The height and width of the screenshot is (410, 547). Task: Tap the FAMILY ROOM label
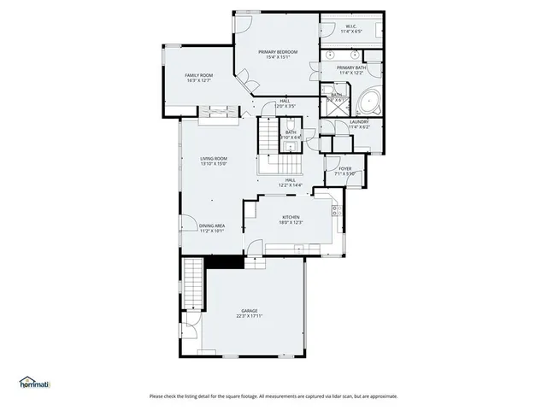coord(198,75)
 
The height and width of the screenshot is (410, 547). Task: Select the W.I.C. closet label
coord(350,26)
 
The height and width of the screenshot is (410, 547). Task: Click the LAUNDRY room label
coord(359,122)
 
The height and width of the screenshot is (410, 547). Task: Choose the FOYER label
coord(345,168)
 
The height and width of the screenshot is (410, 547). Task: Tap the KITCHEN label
coord(291,218)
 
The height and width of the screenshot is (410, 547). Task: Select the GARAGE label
coord(249,311)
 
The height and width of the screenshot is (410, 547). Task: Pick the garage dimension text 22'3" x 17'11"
coord(249,316)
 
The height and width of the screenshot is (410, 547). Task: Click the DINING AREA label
coord(212,225)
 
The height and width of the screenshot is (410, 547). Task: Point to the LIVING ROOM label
coord(214,158)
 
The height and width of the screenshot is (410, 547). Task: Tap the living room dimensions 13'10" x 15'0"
coord(214,164)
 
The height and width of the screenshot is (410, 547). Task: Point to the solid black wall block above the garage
coord(225,263)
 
